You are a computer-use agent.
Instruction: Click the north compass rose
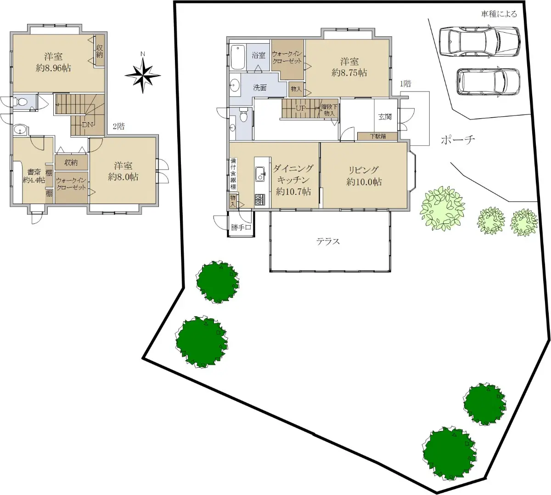(143, 75)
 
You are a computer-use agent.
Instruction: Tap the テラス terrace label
(328, 241)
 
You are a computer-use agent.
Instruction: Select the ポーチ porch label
(458, 140)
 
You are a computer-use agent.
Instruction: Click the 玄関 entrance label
(385, 117)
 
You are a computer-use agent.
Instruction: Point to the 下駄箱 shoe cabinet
(378, 136)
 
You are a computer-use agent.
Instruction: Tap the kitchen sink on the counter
(260, 173)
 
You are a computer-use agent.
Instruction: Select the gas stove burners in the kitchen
(259, 199)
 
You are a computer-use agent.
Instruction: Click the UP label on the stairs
(300, 108)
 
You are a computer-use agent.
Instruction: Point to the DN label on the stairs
(88, 125)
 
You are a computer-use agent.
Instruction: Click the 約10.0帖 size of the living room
(364, 182)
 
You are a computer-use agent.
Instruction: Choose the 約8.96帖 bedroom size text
(53, 68)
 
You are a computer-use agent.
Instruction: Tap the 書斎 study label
(34, 172)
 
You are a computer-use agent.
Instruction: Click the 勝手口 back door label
(241, 227)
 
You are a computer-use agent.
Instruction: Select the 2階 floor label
(119, 126)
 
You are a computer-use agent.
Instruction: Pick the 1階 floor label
(405, 84)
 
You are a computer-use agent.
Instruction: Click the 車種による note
(499, 14)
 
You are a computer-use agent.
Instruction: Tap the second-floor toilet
(22, 102)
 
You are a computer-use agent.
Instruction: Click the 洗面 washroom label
(260, 87)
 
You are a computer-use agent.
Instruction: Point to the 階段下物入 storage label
(329, 110)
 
